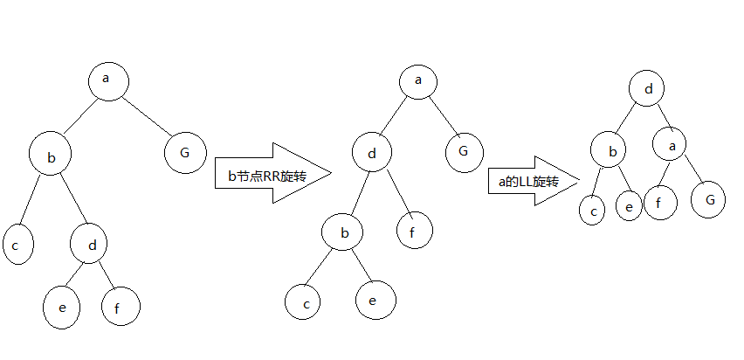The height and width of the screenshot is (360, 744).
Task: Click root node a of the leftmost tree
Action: [108, 80]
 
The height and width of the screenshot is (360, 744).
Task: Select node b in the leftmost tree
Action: [50, 156]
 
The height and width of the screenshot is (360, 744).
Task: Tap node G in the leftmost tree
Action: [184, 152]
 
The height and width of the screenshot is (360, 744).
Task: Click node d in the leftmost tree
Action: [92, 245]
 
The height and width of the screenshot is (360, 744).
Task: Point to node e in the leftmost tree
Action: [62, 307]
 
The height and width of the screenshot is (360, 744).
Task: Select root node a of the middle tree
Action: [419, 81]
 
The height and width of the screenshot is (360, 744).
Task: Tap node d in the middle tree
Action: [373, 154]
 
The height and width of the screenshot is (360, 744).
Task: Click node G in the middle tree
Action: [464, 153]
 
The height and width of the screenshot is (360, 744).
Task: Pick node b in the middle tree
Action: [343, 232]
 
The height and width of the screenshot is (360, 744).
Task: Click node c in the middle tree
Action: [305, 301]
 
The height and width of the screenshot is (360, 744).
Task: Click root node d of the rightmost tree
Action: [647, 88]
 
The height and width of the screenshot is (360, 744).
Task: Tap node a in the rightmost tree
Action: [672, 145]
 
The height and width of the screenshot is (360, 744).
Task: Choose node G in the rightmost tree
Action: [709, 199]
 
